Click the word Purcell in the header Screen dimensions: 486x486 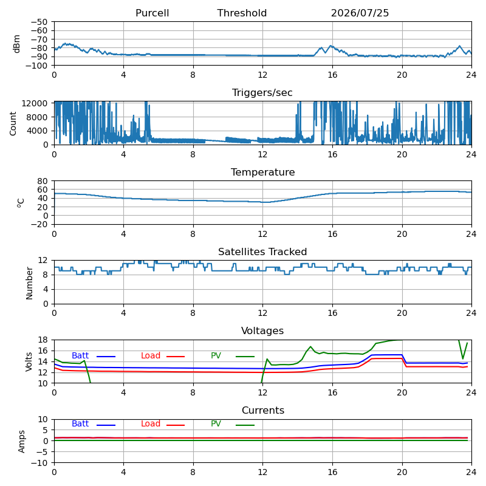[152, 13]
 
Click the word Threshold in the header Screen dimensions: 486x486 [242, 13]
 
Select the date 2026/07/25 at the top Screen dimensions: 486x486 [360, 13]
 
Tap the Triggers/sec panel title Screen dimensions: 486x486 [262, 93]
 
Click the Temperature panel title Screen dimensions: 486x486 [262, 172]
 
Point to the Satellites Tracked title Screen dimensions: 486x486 [262, 252]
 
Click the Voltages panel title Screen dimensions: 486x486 [262, 330]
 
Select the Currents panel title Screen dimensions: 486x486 [263, 411]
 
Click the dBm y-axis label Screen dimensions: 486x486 [16, 44]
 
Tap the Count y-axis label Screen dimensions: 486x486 [13, 124]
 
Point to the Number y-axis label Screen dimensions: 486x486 [29, 283]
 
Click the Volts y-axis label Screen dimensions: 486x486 [29, 361]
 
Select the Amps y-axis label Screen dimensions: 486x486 [21, 442]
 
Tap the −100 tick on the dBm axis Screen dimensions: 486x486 [36, 66]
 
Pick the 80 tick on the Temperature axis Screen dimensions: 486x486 [43, 180]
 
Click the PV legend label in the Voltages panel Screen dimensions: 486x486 [216, 355]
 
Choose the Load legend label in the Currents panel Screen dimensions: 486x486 [151, 423]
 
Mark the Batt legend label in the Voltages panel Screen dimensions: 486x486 [80, 355]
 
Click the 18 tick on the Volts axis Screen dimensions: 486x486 [43, 340]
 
